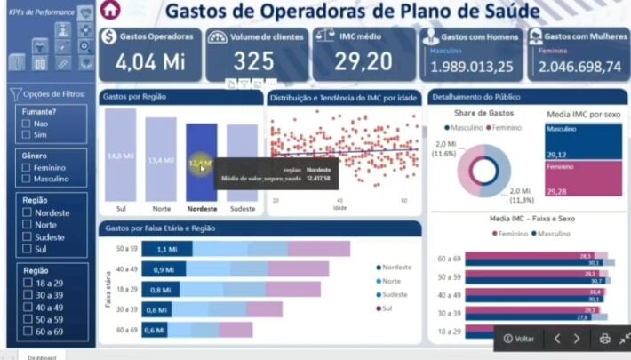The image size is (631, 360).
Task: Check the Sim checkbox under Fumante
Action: (27, 135)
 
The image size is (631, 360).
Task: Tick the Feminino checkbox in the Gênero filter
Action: (27, 167)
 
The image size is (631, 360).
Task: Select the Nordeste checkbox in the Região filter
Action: (27, 212)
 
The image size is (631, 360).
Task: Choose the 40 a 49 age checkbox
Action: (27, 307)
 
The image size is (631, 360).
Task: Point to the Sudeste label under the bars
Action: (241, 210)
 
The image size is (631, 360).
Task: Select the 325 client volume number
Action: (254, 61)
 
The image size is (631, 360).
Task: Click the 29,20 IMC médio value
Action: (363, 61)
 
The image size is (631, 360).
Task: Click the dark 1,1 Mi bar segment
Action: (161, 250)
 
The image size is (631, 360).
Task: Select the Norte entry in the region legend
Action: (392, 280)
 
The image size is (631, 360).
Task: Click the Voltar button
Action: (519, 339)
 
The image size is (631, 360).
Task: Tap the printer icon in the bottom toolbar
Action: (604, 339)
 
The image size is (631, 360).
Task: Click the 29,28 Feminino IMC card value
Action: (557, 190)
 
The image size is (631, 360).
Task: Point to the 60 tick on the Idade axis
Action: (404, 201)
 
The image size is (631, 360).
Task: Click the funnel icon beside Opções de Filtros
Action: (15, 94)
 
